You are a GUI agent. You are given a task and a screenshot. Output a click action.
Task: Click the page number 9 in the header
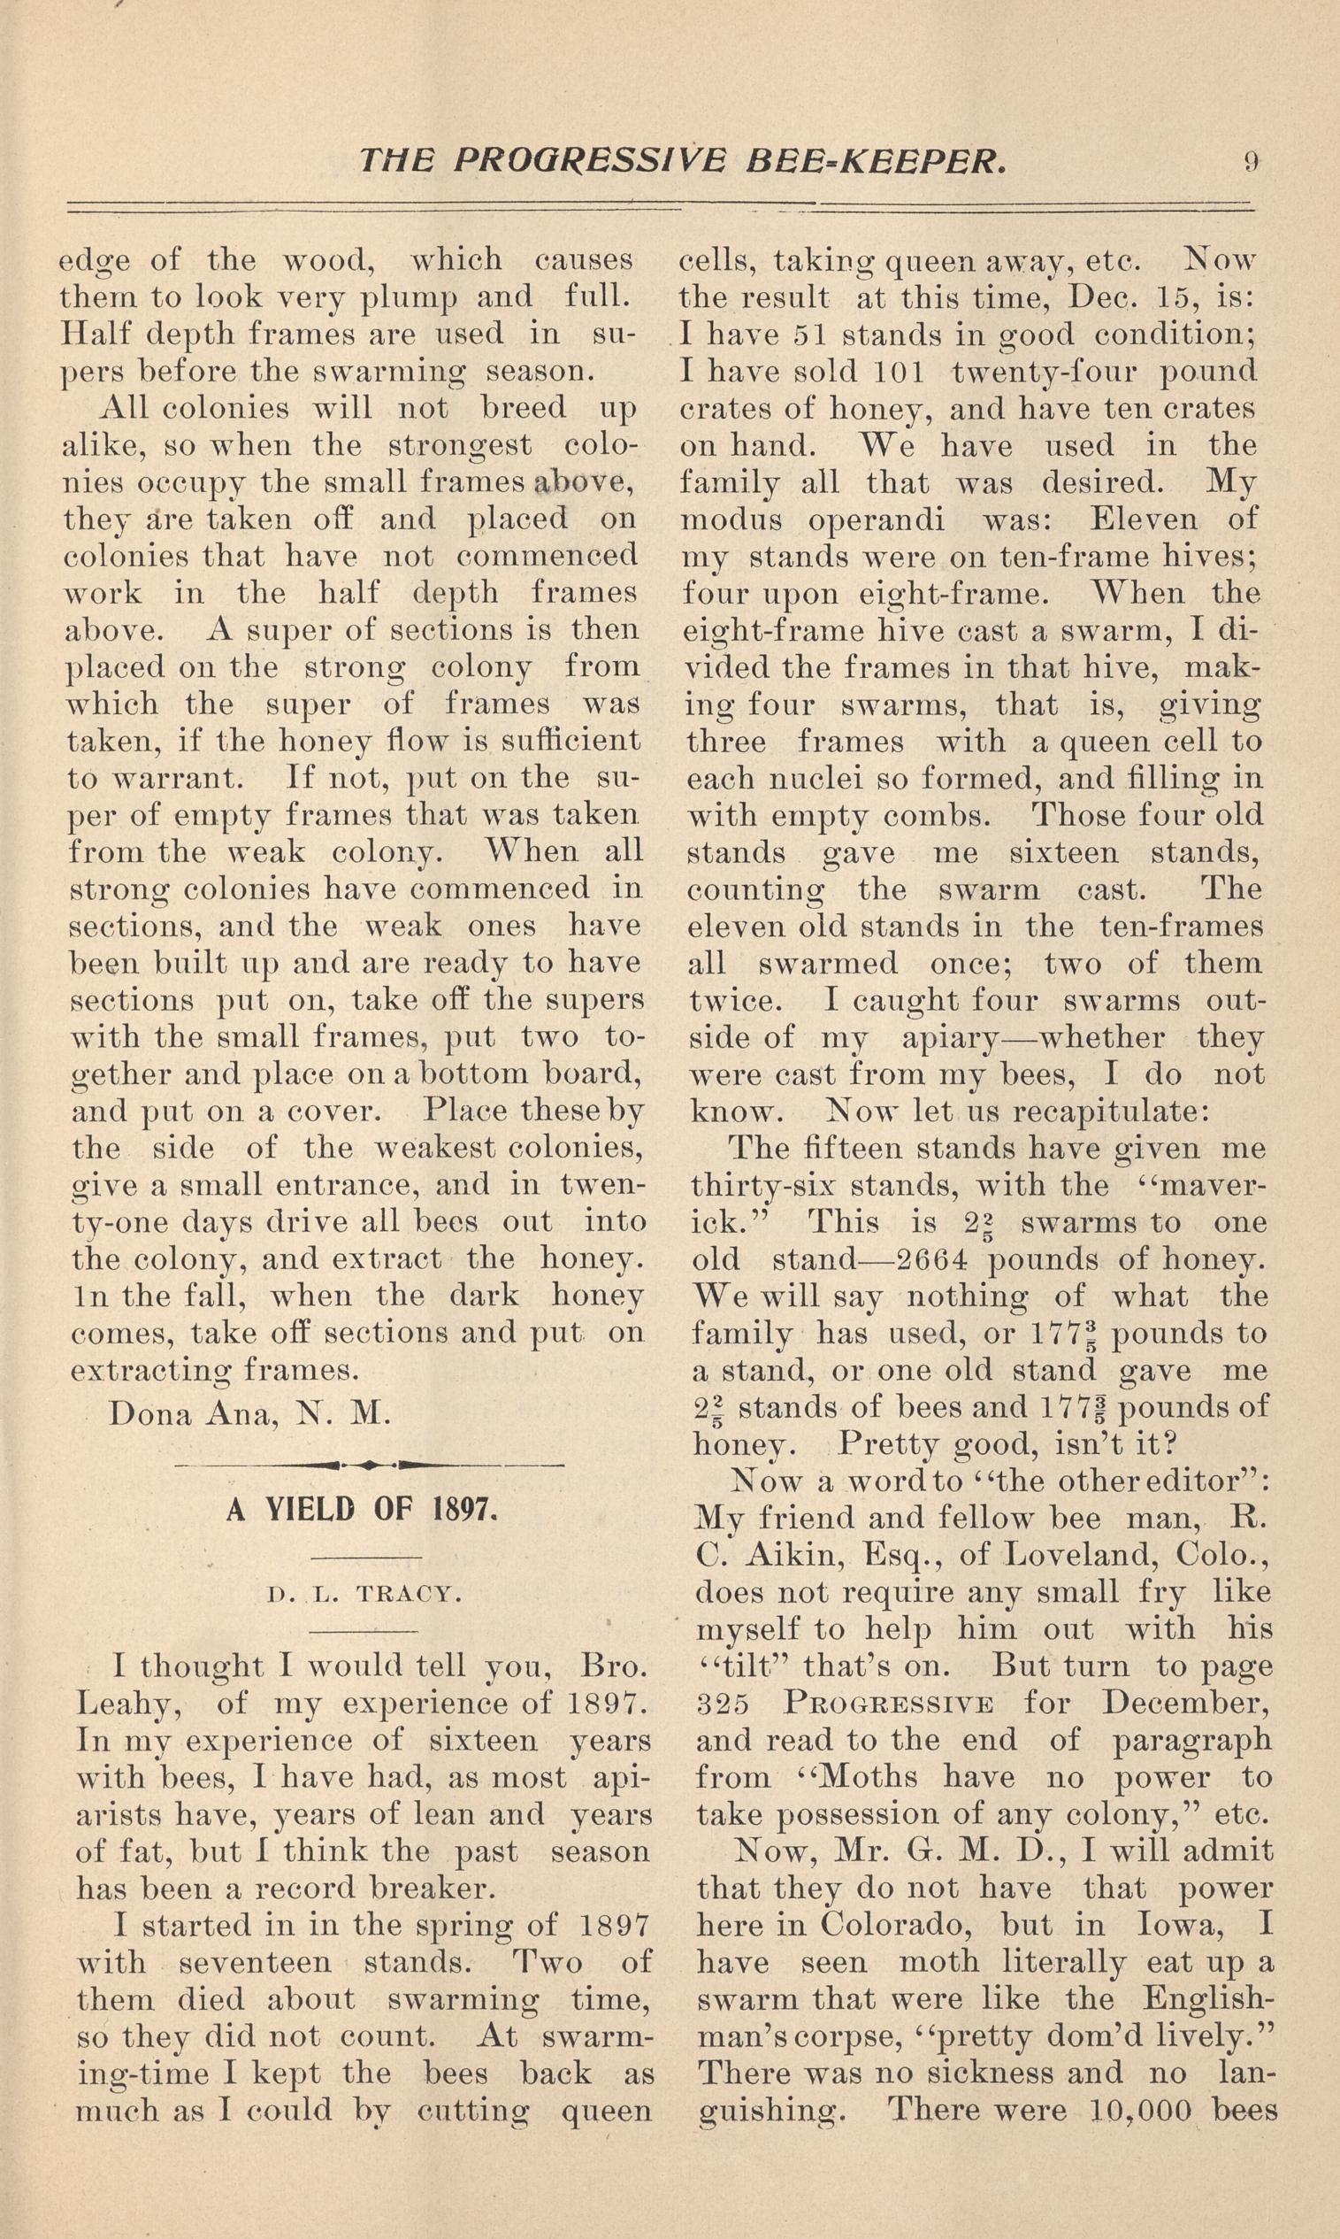pyautogui.click(x=1251, y=162)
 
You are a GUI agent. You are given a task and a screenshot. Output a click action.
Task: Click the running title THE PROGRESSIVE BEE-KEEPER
pyautogui.click(x=682, y=162)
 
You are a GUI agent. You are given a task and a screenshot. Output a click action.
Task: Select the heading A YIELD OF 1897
pyautogui.click(x=362, y=1510)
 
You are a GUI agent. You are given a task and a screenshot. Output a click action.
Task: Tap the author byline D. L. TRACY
pyautogui.click(x=364, y=1595)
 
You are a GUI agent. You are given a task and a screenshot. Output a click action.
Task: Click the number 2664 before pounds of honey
pyautogui.click(x=922, y=1260)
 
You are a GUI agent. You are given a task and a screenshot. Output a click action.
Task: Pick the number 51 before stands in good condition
pyautogui.click(x=808, y=335)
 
